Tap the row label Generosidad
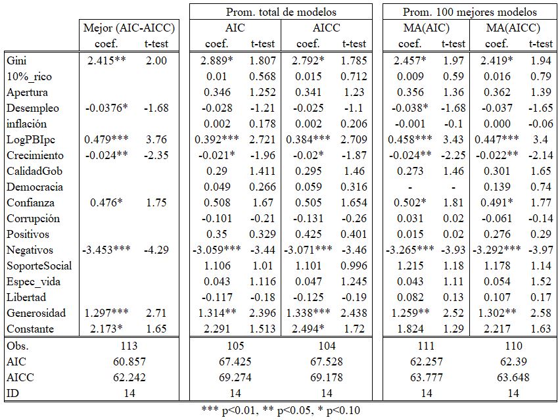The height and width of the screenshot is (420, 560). pos(34,313)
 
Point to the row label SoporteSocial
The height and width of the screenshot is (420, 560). pos(39,266)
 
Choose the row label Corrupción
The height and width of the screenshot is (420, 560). pos(34,218)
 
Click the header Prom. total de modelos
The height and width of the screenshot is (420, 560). pos(281,12)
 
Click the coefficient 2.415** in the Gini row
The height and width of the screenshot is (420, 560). pos(106,60)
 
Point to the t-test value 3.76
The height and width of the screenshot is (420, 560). pos(157,139)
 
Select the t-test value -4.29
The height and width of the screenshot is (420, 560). pos(156,250)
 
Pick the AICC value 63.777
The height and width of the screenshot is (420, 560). pos(427,377)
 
